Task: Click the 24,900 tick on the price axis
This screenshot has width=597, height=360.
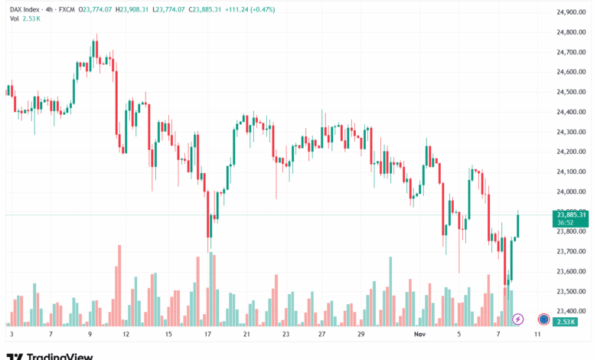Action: [x=571, y=12]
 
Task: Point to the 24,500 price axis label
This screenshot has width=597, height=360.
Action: [x=571, y=92]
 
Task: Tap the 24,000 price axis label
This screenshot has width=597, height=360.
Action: [x=571, y=191]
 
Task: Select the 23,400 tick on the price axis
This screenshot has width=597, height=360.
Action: [x=571, y=311]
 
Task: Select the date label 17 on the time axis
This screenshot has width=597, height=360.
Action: [x=207, y=335]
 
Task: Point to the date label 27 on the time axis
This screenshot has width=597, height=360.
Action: [x=322, y=335]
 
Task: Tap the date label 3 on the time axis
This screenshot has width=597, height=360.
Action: [x=11, y=335]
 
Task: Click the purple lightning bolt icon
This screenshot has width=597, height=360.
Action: [x=518, y=319]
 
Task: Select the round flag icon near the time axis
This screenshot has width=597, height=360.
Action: [x=543, y=319]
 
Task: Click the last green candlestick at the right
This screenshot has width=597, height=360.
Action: [x=518, y=224]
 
